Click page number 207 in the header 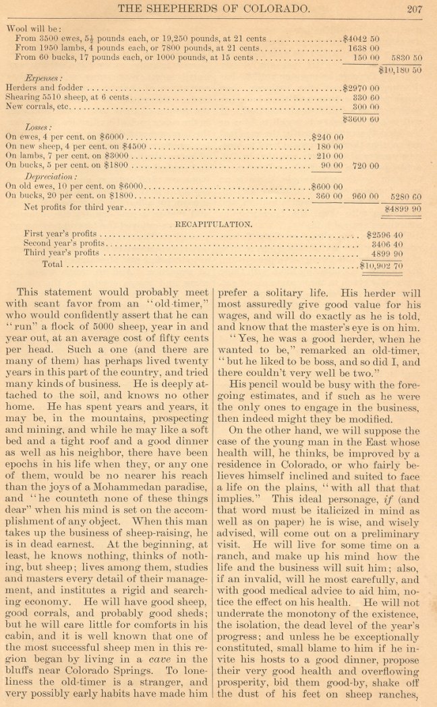tap(415, 9)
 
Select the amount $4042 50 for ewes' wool tap(361, 39)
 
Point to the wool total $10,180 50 tap(401, 69)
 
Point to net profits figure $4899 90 tap(402, 209)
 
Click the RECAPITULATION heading tap(214, 223)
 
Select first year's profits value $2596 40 tap(384, 235)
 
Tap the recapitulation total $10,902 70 tap(382, 266)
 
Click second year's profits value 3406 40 tap(387, 244)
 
